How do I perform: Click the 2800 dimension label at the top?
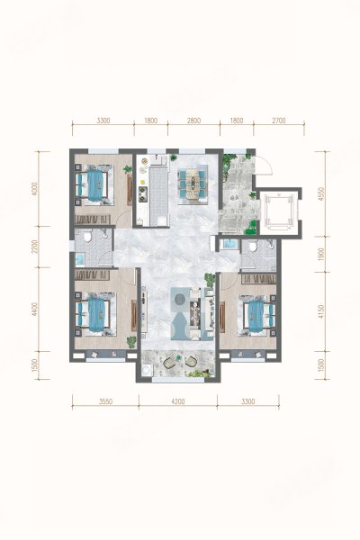coord(194,121)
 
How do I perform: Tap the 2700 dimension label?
coord(279,121)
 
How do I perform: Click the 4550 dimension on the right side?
coord(321,193)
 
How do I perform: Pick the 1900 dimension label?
coord(321,254)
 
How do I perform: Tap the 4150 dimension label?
coord(321,311)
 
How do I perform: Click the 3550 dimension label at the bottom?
coord(105,401)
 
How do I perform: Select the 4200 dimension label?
coord(178,401)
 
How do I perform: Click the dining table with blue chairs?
coord(193,184)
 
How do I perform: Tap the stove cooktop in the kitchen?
coord(142,193)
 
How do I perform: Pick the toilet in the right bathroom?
coord(253,247)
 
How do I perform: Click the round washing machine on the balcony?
coord(147,370)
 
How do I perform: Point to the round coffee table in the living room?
coord(181,299)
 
